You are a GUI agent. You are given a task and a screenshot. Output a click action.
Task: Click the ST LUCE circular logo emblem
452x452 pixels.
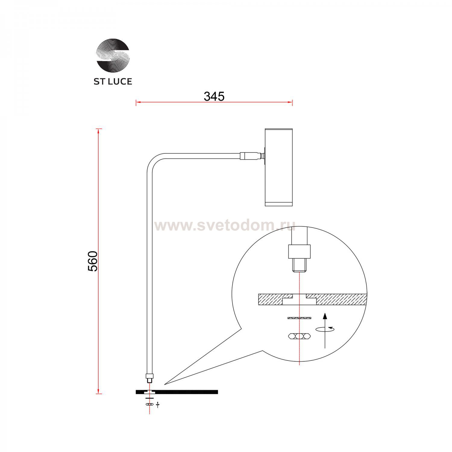click(113, 55)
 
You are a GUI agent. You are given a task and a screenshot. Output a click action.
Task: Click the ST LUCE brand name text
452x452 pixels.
click(113, 81)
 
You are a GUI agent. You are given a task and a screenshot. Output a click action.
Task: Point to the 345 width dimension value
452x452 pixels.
click(214, 96)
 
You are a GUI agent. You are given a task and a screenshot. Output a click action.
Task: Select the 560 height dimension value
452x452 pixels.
click(93, 261)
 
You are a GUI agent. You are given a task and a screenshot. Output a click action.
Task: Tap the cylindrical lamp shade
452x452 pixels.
click(278, 167)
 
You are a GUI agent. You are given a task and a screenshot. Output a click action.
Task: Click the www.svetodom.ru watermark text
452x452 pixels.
click(224, 225)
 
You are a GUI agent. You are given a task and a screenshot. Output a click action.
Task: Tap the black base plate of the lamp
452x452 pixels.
click(187, 392)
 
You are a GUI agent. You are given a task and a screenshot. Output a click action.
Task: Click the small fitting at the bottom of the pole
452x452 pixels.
click(149, 377)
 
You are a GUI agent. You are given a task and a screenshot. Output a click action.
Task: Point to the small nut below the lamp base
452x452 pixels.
click(149, 404)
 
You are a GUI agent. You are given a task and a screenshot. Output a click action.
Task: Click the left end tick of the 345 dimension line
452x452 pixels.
click(136, 102)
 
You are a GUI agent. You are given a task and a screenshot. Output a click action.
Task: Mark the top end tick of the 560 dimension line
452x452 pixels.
click(99, 129)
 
